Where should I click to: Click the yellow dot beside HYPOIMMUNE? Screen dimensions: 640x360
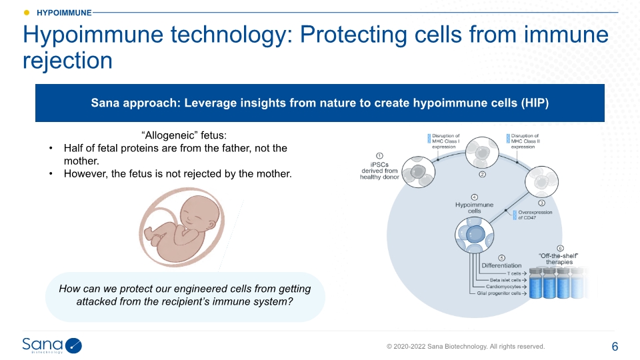click(x=27, y=13)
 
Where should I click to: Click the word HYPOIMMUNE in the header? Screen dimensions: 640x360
click(x=64, y=13)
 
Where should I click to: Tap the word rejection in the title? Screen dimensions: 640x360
click(x=67, y=61)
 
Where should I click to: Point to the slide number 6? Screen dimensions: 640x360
click(x=615, y=347)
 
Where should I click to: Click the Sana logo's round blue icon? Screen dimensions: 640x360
click(x=73, y=346)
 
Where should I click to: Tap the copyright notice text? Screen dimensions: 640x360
click(x=465, y=347)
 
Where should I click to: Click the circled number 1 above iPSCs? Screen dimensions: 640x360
click(x=379, y=155)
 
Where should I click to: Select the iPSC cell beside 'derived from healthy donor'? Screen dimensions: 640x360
click(x=419, y=172)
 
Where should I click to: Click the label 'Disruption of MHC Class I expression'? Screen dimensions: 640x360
click(x=445, y=141)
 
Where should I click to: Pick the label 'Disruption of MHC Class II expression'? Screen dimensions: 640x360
click(x=525, y=141)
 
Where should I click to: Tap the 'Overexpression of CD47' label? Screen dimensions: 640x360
click(x=535, y=215)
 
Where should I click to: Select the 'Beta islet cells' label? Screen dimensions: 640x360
click(x=505, y=280)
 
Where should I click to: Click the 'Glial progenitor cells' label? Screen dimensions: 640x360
click(x=499, y=293)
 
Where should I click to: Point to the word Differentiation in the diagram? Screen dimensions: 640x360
click(x=501, y=265)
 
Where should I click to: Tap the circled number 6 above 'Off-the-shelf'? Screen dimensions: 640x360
click(x=561, y=248)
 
